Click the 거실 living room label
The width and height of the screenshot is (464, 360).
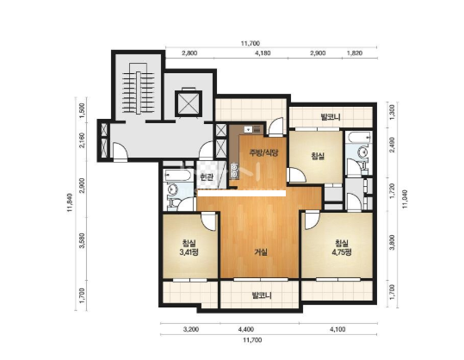coord(261,252)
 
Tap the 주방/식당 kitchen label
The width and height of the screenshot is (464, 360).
coord(264,152)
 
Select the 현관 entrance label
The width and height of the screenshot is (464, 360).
coord(207,177)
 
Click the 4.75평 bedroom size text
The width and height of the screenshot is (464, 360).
coord(342,252)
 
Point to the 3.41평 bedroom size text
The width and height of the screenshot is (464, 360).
coord(189,252)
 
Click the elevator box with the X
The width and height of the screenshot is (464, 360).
coord(189,102)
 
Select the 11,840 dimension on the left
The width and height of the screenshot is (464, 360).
coord(70,202)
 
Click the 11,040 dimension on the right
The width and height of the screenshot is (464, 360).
coord(405,199)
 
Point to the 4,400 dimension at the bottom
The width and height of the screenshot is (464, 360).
coord(246,329)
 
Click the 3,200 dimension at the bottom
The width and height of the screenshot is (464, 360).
coord(191,329)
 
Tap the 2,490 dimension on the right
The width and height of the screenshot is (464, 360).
coord(393,145)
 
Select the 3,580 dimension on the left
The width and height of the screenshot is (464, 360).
coord(83,240)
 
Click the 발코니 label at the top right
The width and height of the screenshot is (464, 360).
coord(331,116)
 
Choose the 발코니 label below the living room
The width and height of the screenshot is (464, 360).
coord(262,295)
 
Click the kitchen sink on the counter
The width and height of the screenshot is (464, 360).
coord(248,129)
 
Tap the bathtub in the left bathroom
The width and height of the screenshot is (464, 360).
coord(178,176)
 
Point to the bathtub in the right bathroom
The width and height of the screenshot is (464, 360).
coord(359,137)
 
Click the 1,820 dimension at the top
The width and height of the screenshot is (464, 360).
coord(354,53)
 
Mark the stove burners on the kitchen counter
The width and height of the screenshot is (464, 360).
coord(235,171)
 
